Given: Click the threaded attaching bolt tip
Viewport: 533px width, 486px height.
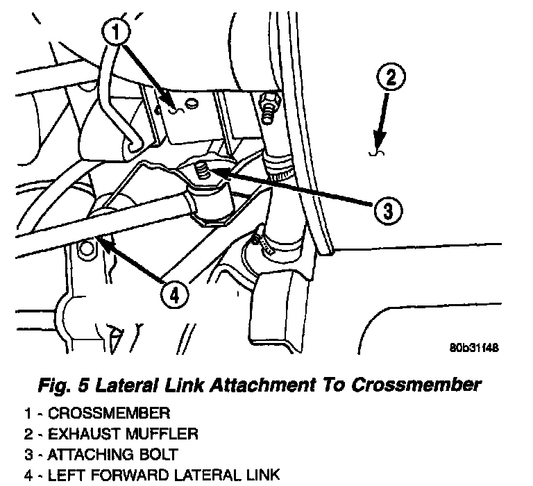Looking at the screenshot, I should tap(202, 169).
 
